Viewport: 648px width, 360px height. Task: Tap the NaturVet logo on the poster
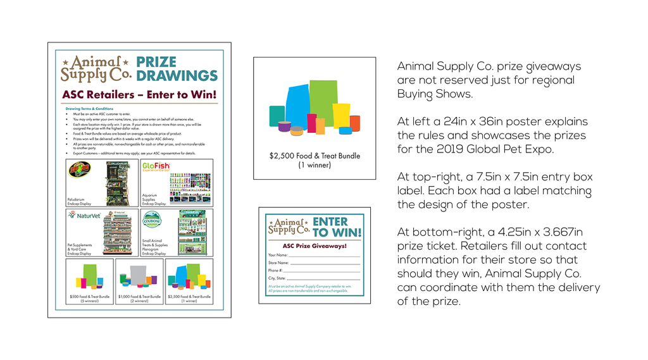(x=84, y=215)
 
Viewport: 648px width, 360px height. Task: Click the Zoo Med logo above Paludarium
(x=80, y=170)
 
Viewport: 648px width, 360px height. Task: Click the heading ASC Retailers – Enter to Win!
(x=139, y=95)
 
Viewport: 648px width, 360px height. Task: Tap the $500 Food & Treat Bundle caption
(x=89, y=299)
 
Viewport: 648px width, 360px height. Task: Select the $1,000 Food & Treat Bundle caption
(x=139, y=299)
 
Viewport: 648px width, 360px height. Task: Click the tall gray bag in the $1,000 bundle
(x=139, y=273)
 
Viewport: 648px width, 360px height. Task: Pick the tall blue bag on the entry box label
(x=296, y=107)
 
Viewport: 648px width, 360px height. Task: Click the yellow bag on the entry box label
(x=341, y=116)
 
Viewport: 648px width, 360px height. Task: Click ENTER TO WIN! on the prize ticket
(x=330, y=227)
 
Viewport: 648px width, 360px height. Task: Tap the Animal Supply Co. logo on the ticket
(x=289, y=227)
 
